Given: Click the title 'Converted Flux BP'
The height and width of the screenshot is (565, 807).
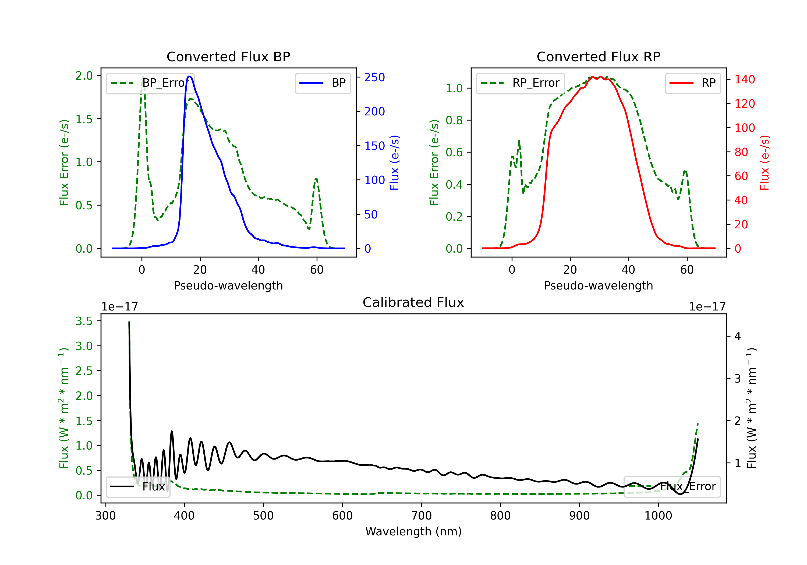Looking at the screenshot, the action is pyautogui.click(x=228, y=56).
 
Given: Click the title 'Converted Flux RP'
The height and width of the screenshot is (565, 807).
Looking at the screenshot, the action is pyautogui.click(x=599, y=56).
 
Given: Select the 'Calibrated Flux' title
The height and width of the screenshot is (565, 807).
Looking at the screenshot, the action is pyautogui.click(x=413, y=302).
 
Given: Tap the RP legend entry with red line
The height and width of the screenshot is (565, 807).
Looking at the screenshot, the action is pyautogui.click(x=693, y=83).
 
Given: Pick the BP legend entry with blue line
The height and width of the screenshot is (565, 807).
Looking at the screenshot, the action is pyautogui.click(x=323, y=83).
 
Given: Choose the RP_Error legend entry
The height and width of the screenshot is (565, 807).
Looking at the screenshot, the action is pyautogui.click(x=520, y=83).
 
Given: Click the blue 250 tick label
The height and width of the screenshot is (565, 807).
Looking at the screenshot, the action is pyautogui.click(x=375, y=77).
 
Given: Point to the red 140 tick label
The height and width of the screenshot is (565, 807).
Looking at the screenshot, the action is pyautogui.click(x=745, y=79).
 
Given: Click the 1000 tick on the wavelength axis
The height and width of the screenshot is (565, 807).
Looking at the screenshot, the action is pyautogui.click(x=658, y=516).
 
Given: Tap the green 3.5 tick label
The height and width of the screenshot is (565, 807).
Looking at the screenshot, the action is pyautogui.click(x=84, y=321).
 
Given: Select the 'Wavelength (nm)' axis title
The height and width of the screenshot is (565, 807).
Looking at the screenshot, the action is pyautogui.click(x=413, y=531).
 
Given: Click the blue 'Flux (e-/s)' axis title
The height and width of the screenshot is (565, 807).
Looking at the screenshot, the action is pyautogui.click(x=394, y=163).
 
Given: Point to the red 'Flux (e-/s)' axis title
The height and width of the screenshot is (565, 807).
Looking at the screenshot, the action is pyautogui.click(x=764, y=163).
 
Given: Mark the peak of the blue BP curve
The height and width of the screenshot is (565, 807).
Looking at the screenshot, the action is pyautogui.click(x=189, y=76).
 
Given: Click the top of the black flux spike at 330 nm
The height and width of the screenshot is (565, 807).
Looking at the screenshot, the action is pyautogui.click(x=129, y=322).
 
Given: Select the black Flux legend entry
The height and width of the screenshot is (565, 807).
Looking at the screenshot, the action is pyautogui.click(x=138, y=487).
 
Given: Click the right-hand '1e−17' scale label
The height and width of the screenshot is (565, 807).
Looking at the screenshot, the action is pyautogui.click(x=707, y=307).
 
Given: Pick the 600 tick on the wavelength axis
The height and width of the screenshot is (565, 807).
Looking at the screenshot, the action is pyautogui.click(x=342, y=516).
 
